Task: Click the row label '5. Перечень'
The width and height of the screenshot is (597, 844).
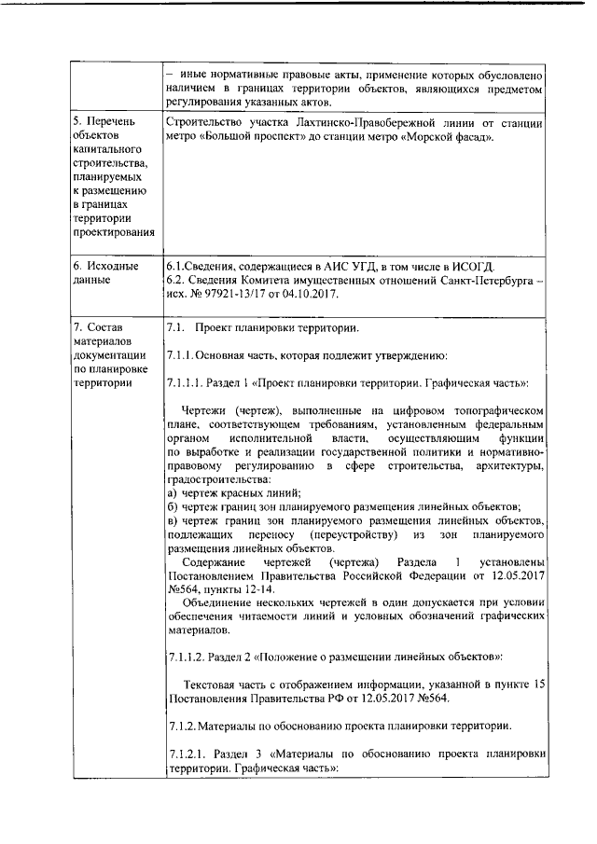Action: tap(104, 122)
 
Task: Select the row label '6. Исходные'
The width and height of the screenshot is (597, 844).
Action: tap(105, 265)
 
